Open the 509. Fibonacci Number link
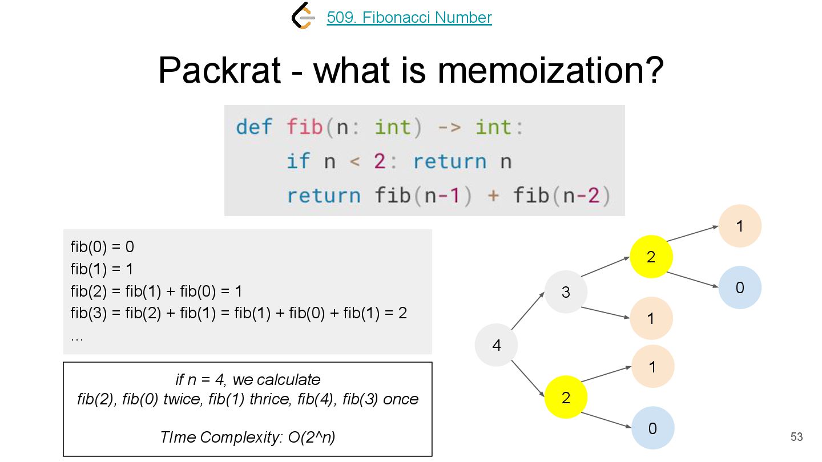409,18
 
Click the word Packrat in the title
219,70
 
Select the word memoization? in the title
551,70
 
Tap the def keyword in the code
254,127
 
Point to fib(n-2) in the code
562,196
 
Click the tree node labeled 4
497,345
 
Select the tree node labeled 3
566,292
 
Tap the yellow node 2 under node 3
651,257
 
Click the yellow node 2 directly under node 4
566,397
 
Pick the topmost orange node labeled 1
740,226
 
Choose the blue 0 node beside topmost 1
740,287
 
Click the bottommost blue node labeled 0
652,428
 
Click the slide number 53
796,437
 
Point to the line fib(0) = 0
102,247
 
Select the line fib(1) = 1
102,269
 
